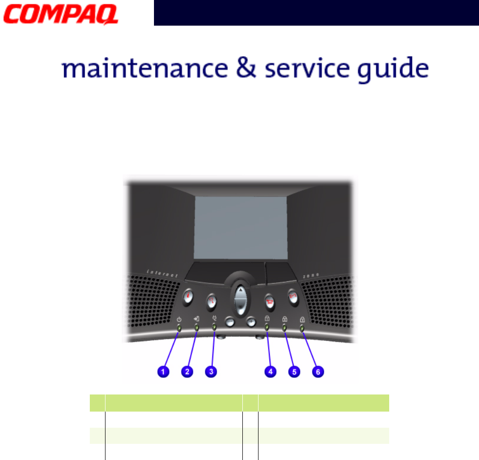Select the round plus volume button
[x=251, y=321]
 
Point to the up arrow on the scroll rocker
[x=241, y=290]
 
